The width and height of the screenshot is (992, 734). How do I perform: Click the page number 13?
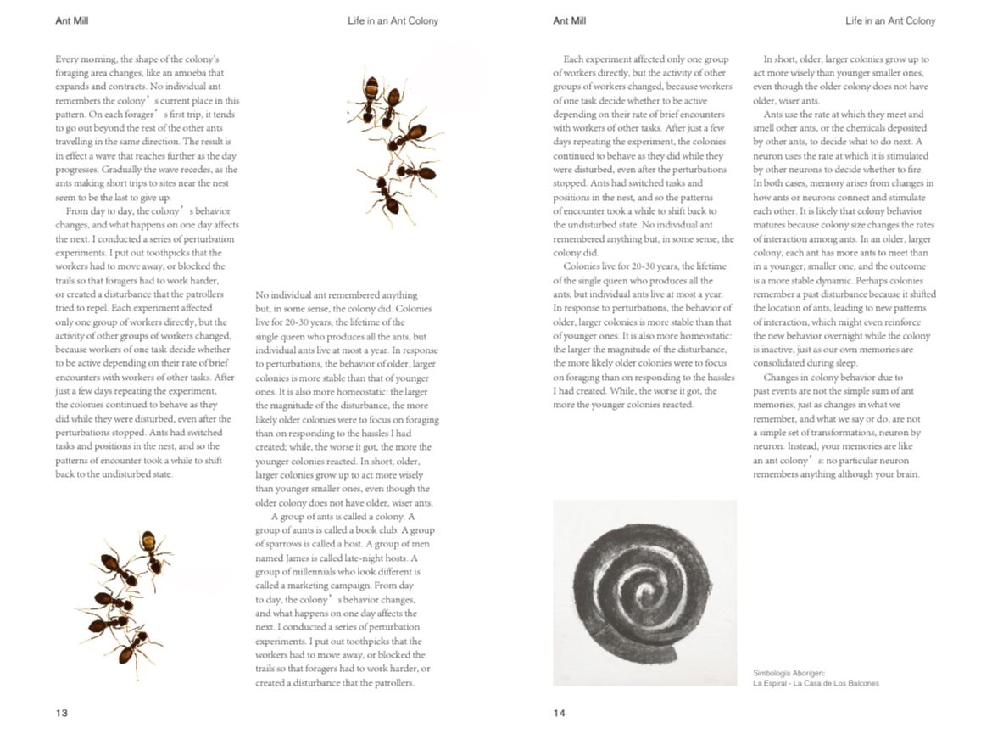pyautogui.click(x=62, y=713)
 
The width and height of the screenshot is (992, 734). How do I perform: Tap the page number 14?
pyautogui.click(x=560, y=713)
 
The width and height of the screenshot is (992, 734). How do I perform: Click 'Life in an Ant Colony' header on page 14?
pyautogui.click(x=890, y=20)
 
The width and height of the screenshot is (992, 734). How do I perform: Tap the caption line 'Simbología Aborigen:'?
pyautogui.click(x=789, y=673)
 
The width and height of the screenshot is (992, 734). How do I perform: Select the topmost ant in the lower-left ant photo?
pyautogui.click(x=151, y=547)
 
